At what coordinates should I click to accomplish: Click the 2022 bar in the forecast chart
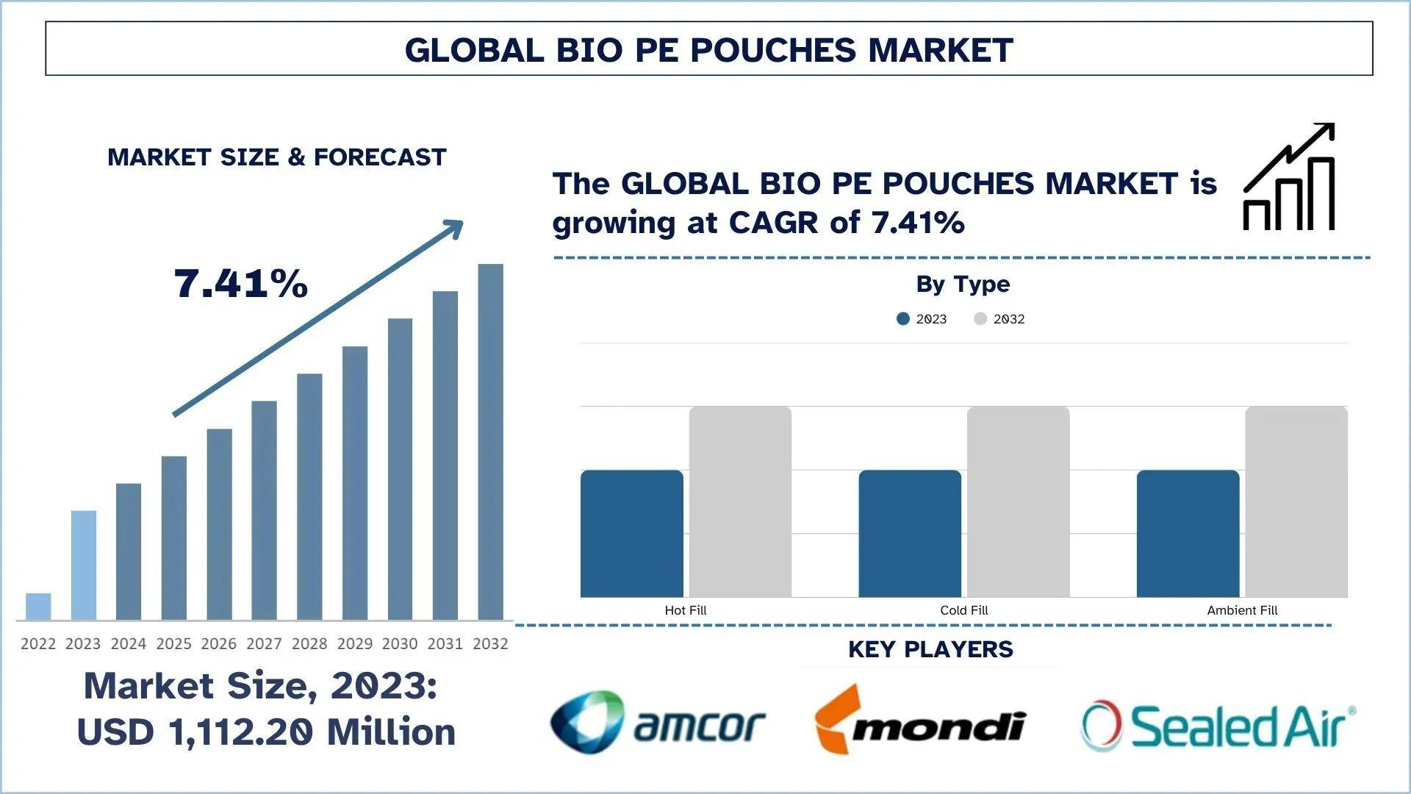38,607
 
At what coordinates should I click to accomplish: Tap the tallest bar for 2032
490,441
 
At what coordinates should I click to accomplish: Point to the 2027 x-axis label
264,644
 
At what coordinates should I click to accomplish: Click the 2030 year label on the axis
400,644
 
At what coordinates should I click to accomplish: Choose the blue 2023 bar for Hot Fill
631,534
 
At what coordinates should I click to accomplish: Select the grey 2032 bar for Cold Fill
1018,501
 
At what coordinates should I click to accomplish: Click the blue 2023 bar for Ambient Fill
1188,534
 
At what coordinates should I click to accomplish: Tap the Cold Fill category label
963,610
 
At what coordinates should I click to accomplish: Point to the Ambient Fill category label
1242,610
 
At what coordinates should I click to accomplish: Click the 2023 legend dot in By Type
903,318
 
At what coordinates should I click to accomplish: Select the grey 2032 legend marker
980,318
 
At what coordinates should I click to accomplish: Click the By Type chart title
963,284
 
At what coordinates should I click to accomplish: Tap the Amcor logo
658,723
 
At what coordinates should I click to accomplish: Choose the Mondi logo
920,720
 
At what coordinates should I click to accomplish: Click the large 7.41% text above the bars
240,284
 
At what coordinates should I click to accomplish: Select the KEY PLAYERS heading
930,649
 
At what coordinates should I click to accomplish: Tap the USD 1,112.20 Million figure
266,732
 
